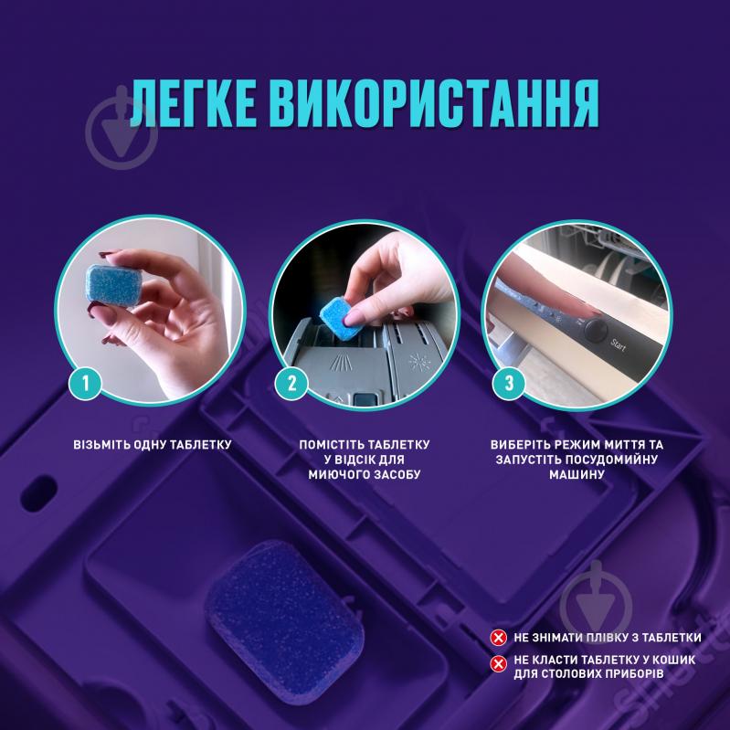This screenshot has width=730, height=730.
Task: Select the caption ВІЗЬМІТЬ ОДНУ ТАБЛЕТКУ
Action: click(153, 445)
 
